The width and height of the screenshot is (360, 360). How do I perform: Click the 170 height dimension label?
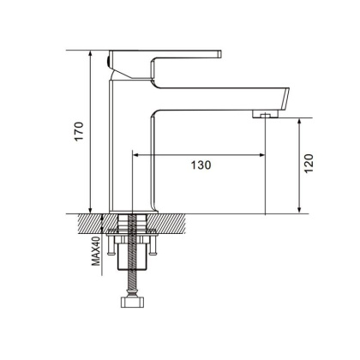click(x=79, y=133)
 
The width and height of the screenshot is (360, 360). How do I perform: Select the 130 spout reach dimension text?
click(x=200, y=164)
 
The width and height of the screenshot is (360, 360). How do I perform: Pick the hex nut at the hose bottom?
click(x=132, y=304)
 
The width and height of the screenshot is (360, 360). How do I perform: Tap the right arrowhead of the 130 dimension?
click(x=261, y=155)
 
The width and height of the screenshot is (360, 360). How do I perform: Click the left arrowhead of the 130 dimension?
click(x=134, y=155)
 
